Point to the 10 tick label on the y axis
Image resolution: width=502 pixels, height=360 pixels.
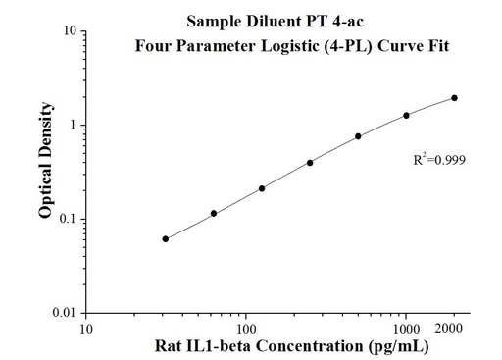[71, 31]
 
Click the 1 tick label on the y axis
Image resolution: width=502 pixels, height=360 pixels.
[75, 126]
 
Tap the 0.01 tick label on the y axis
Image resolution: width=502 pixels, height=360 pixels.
[66, 313]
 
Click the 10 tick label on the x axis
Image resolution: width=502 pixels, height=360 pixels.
[86, 328]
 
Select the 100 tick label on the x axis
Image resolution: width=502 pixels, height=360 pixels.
[245, 328]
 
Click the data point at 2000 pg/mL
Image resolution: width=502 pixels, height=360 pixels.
[455, 98]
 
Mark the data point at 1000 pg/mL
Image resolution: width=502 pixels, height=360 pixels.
[406, 115]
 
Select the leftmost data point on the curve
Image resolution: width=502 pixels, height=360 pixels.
[165, 239]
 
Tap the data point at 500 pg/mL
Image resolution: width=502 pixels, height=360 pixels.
[358, 136]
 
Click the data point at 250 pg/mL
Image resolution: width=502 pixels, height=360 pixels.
[310, 163]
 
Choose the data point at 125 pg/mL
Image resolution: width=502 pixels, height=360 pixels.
[262, 188]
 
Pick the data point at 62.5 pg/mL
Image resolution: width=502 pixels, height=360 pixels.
[214, 213]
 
